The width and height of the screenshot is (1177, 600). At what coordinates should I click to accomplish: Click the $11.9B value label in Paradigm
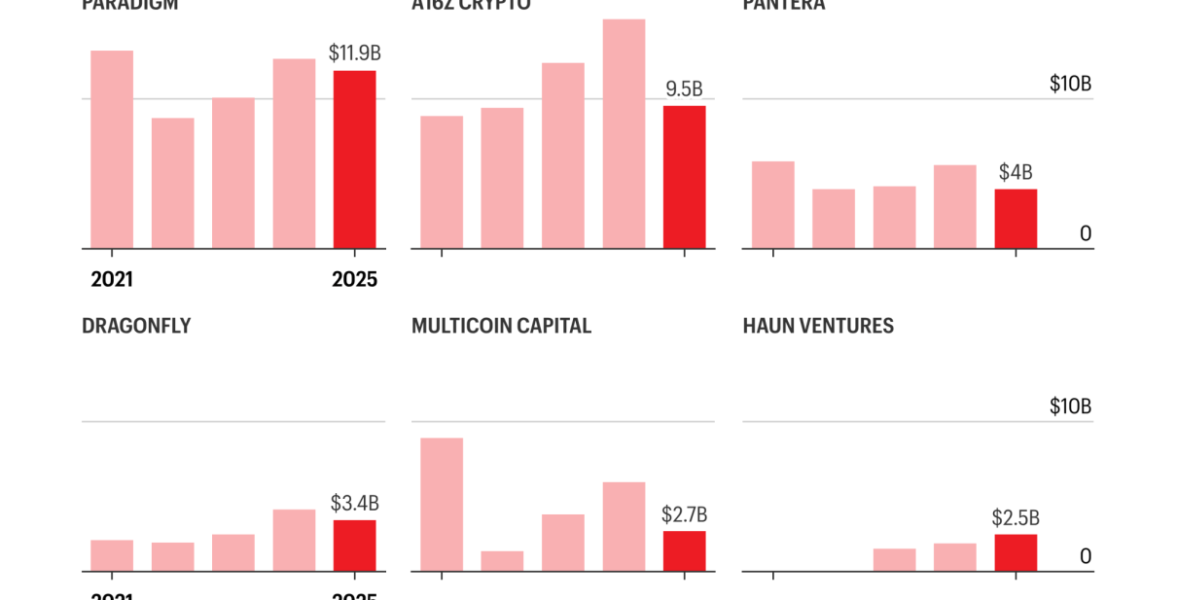[x=354, y=53]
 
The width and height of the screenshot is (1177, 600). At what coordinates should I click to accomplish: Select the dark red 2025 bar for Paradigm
[x=354, y=159]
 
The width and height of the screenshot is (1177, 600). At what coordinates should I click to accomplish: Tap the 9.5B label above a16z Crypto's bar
[x=684, y=89]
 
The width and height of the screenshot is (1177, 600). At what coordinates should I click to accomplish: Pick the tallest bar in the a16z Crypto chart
[x=624, y=134]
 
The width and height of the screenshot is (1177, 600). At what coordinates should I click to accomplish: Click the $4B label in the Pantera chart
[x=1016, y=173]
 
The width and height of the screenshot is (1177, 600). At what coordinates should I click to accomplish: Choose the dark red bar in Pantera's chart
[x=1016, y=219]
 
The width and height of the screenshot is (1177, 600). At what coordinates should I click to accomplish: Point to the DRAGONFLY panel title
[x=136, y=326]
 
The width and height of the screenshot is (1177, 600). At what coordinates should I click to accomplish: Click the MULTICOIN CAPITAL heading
[x=501, y=326]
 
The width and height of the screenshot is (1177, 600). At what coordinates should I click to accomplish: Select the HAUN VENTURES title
[x=818, y=326]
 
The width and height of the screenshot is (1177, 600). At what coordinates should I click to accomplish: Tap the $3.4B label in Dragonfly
[x=354, y=504]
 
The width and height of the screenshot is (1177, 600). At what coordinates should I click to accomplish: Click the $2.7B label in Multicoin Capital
[x=684, y=514]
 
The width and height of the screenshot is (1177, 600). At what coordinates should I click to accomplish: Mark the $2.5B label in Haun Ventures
[x=1016, y=518]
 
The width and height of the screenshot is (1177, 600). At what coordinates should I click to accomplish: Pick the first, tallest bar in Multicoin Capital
[x=442, y=505]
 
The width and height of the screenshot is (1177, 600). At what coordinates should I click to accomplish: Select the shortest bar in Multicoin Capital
[x=502, y=561]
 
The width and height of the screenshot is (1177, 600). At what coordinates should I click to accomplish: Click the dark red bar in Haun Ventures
[x=1016, y=552]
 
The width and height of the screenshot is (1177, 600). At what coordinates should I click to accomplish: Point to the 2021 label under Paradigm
[x=112, y=280]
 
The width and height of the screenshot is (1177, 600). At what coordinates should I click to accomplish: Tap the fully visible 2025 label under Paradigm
[x=354, y=280]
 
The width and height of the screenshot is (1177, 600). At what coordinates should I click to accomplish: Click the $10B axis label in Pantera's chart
[x=1070, y=85]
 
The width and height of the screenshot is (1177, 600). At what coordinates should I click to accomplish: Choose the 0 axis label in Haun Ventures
[x=1086, y=556]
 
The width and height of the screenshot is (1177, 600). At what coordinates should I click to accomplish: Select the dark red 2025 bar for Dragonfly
[x=354, y=546]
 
